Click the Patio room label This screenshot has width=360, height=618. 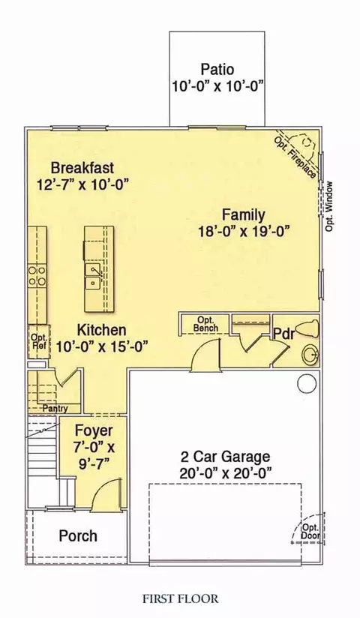click(x=217, y=69)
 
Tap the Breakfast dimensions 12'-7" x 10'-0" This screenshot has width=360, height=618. click(x=83, y=184)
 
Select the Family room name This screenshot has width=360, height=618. click(x=243, y=214)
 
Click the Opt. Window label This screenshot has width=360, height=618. click(x=330, y=206)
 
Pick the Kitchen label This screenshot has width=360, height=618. click(x=101, y=329)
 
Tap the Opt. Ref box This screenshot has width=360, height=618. click(x=39, y=342)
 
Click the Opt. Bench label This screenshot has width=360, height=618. click(x=205, y=324)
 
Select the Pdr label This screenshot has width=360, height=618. click(x=284, y=334)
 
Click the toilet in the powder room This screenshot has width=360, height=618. click(x=307, y=329)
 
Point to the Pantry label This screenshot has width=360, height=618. click(x=55, y=409)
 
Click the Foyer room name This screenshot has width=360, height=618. click(x=94, y=430)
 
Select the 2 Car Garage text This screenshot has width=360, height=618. click(x=226, y=457)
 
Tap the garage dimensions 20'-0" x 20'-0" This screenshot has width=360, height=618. click(x=226, y=472)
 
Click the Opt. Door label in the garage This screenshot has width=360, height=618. click(x=311, y=532)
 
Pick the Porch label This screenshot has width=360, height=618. click(x=78, y=536)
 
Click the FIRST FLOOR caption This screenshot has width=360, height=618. click(x=180, y=599)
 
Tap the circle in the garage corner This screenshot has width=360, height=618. click(x=307, y=383)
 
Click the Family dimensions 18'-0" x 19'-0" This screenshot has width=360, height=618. click(x=244, y=231)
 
